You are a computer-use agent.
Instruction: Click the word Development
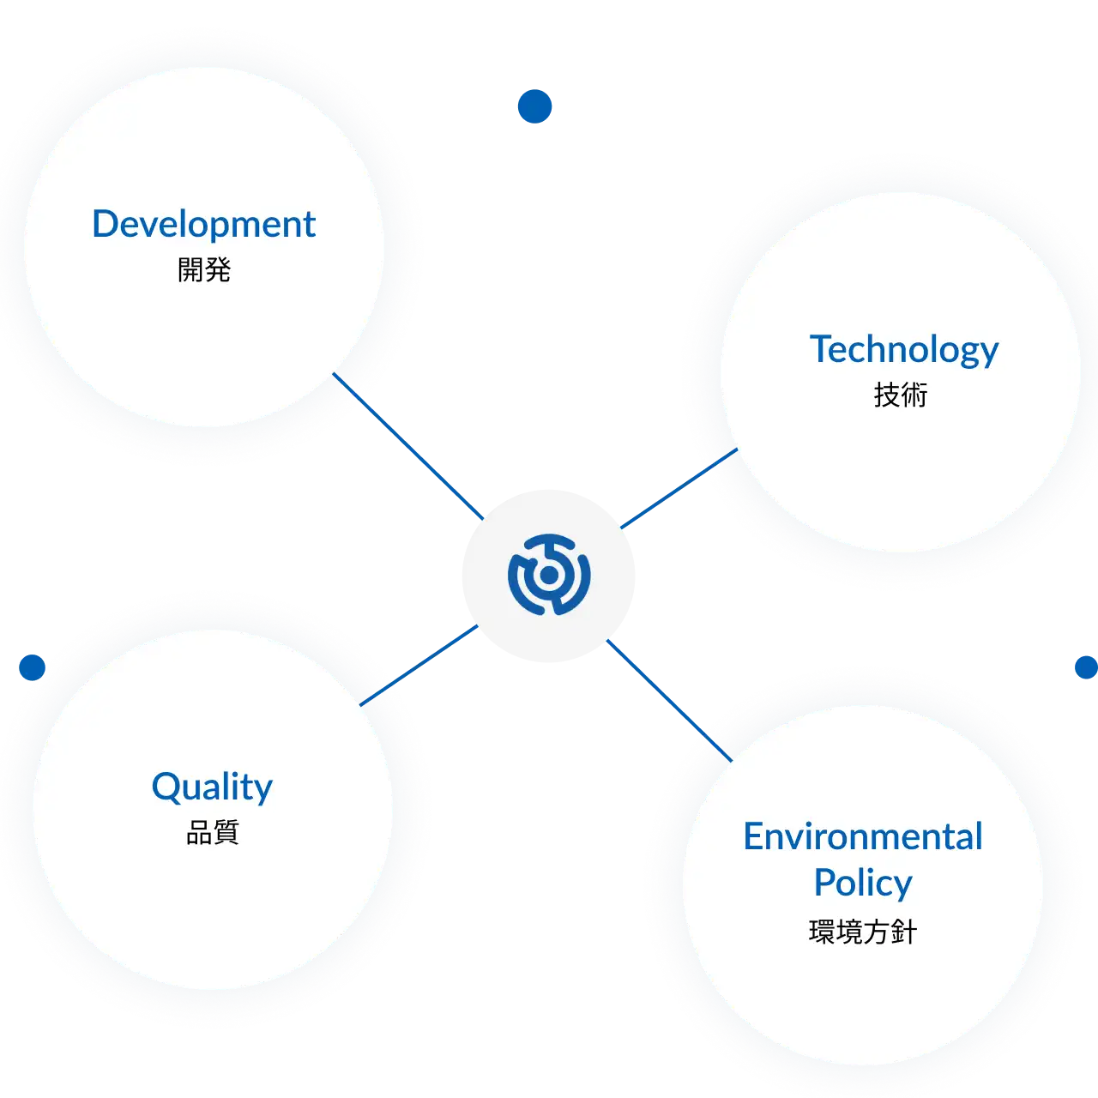[x=203, y=225]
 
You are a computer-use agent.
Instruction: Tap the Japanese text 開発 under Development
[x=204, y=269]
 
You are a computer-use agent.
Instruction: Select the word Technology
[x=903, y=350]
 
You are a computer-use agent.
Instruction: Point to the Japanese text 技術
[x=901, y=395]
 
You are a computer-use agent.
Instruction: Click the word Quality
[x=212, y=787]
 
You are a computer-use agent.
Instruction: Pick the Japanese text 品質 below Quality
[x=212, y=832]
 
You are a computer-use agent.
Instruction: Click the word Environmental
[x=863, y=836]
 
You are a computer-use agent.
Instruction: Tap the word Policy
[x=863, y=884]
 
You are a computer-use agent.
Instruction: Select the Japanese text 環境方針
[x=863, y=932]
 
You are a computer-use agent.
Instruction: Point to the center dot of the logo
[x=549, y=576]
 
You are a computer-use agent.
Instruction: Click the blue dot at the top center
[x=534, y=106]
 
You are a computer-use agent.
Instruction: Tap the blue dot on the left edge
[x=32, y=667]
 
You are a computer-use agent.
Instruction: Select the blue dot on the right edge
[x=1087, y=667]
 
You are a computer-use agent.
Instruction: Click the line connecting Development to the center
[x=408, y=446]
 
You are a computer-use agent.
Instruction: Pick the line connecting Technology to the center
[x=679, y=488]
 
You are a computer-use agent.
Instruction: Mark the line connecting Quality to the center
[x=419, y=666]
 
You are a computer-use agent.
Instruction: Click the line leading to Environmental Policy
[x=669, y=700]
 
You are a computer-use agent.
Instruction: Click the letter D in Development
[x=105, y=224]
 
